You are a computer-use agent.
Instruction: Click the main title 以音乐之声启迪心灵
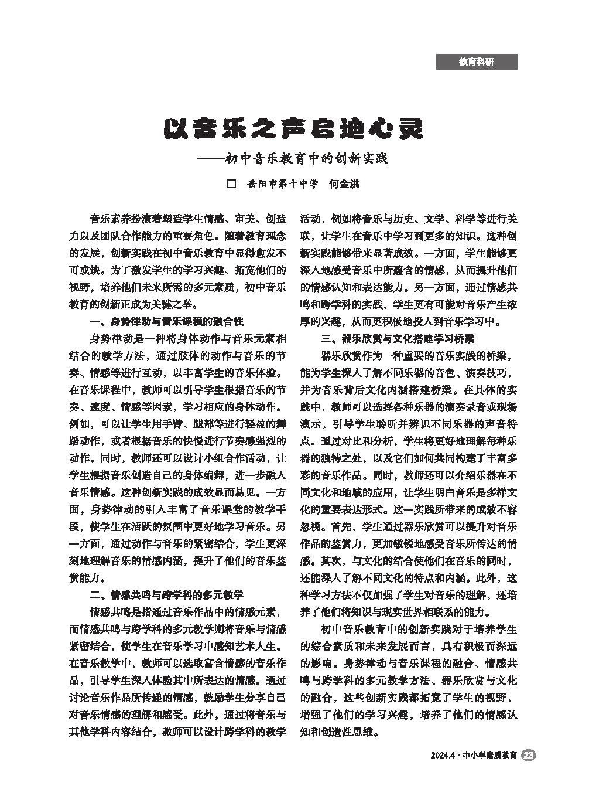click(292, 128)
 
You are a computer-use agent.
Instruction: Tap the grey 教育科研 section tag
click(476, 62)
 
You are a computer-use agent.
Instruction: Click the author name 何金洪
click(344, 183)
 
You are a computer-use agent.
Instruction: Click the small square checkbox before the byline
click(231, 183)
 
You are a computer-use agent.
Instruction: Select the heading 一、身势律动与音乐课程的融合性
click(166, 321)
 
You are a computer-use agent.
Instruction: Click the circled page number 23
click(528, 756)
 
